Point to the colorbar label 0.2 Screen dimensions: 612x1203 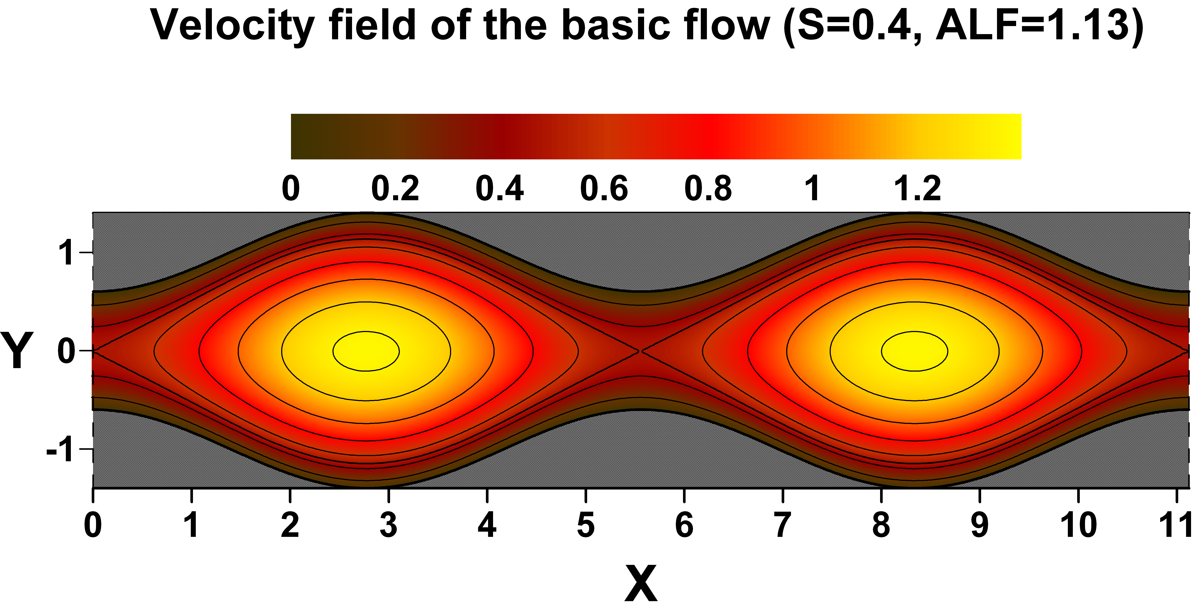(395, 189)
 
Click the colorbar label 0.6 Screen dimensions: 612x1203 (604, 189)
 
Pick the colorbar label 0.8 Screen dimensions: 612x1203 (708, 189)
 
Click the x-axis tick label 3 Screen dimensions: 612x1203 (389, 525)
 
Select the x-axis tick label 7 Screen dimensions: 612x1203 (783, 525)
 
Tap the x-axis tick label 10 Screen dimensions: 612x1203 (1078, 525)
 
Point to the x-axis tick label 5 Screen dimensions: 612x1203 (586, 525)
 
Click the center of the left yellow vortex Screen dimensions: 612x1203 (366, 351)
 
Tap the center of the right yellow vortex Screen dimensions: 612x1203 (914, 351)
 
